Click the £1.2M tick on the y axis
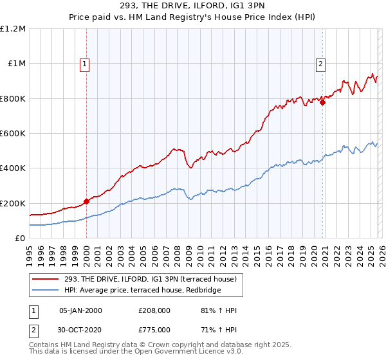(x=13, y=29)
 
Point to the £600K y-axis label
(x=13, y=134)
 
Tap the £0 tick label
(x=19, y=238)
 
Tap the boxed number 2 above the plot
(x=320, y=64)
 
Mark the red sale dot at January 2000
(x=86, y=201)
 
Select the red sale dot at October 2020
(x=322, y=103)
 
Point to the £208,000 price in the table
(x=154, y=310)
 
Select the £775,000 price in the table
(x=154, y=331)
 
